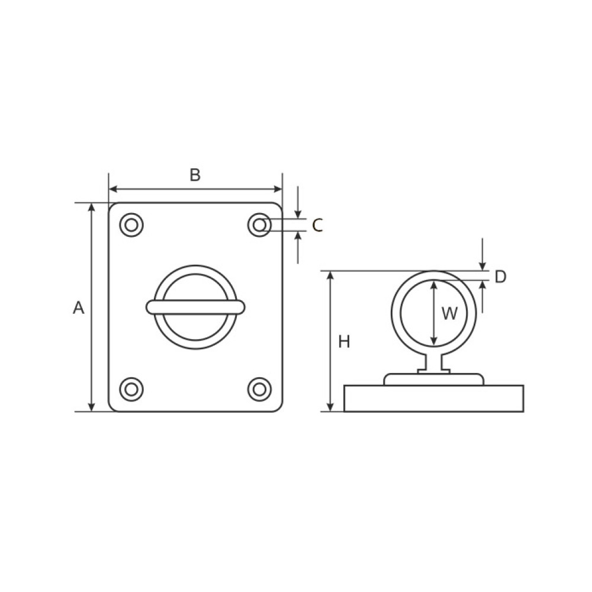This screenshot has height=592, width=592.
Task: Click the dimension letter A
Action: coord(79,308)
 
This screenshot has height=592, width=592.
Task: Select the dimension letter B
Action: coord(195,175)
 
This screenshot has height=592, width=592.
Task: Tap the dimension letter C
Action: coord(317,226)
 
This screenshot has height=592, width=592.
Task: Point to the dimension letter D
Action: coord(500,276)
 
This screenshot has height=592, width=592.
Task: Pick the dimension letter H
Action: coord(344,342)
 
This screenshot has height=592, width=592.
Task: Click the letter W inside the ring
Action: coord(449,313)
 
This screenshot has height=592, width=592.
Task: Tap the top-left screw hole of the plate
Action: coord(131,226)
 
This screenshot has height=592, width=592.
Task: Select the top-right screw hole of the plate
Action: coord(259,226)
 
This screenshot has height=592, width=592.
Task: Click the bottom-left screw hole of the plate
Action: coord(131,390)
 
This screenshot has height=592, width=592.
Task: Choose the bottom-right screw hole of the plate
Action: coord(259,390)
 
